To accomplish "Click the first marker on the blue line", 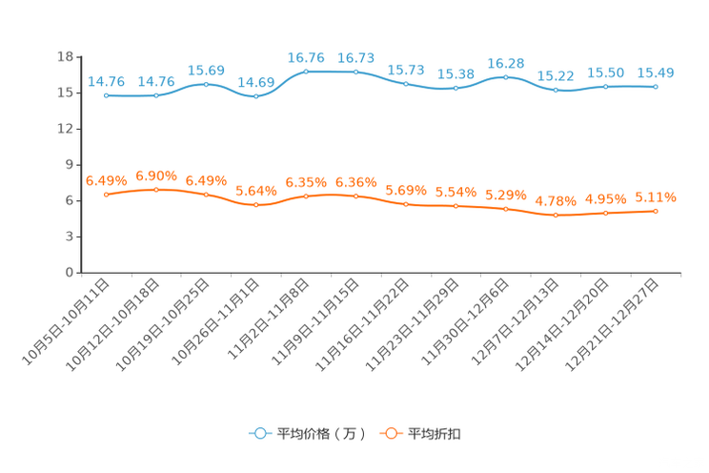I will pyautogui.click(x=107, y=95).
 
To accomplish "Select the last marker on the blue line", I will pyautogui.click(x=656, y=87).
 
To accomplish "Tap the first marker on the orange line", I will pyautogui.click(x=107, y=195).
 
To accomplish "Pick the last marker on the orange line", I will pyautogui.click(x=656, y=211).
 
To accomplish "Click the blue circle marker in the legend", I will pyautogui.click(x=259, y=433).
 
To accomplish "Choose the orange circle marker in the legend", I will pyautogui.click(x=391, y=433).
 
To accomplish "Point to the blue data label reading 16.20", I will pyautogui.click(x=505, y=62).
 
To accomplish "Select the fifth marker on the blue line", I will pyautogui.click(x=306, y=72).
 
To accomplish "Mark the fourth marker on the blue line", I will pyautogui.click(x=255, y=95).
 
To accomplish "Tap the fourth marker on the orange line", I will pyautogui.click(x=255, y=205).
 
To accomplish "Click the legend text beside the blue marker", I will pyautogui.click(x=319, y=434).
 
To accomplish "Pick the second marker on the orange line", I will pyautogui.click(x=156, y=190).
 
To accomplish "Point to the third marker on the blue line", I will pyautogui.click(x=206, y=84).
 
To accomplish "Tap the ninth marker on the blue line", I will pyautogui.click(x=506, y=76).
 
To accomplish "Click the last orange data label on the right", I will pyautogui.click(x=656, y=197).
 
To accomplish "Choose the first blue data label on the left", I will pyautogui.click(x=106, y=82).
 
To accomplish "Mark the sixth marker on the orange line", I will pyautogui.click(x=356, y=196).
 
